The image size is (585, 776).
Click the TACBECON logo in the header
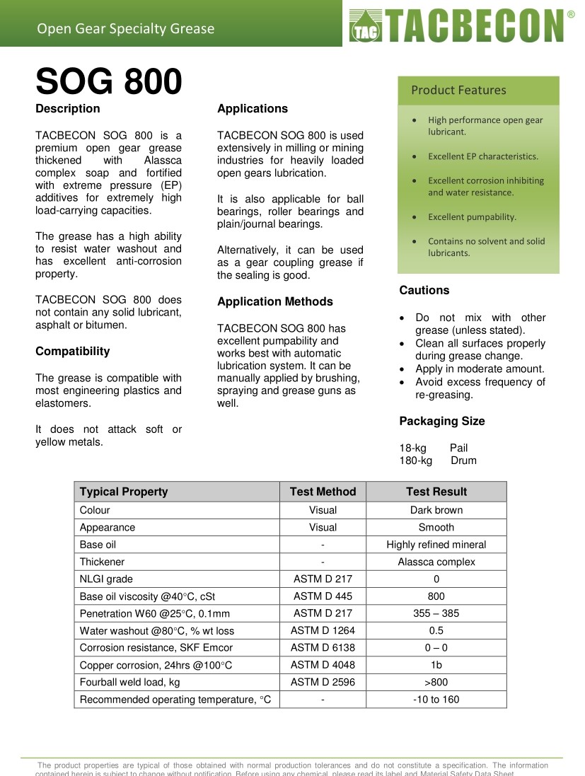458,27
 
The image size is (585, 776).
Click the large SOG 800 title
109,82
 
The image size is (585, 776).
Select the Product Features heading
458,90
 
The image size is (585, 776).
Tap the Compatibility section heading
73,352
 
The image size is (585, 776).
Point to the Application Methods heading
274,302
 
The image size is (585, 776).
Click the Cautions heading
424,290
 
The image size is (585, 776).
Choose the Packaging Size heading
442,422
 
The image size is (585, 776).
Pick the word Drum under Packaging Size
464,461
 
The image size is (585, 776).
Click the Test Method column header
323,492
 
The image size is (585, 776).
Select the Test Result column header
436,492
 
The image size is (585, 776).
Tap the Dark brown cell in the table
436,510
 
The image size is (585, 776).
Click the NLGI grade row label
106,579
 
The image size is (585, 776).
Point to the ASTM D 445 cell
323,596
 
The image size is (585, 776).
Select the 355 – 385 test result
436,613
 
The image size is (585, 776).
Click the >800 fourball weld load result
436,683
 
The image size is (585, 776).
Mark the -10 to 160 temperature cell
436,700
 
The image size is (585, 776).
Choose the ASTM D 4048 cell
323,665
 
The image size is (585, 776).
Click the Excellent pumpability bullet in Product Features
472,217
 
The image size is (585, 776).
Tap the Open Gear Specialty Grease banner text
126,29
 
